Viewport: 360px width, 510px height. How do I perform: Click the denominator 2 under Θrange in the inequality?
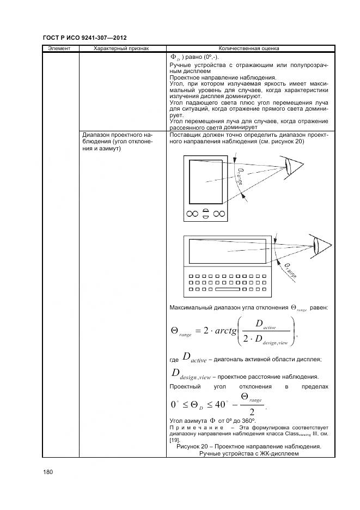252,411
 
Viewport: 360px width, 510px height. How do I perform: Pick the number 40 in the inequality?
220,404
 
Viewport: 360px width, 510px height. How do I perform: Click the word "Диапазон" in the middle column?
97,135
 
